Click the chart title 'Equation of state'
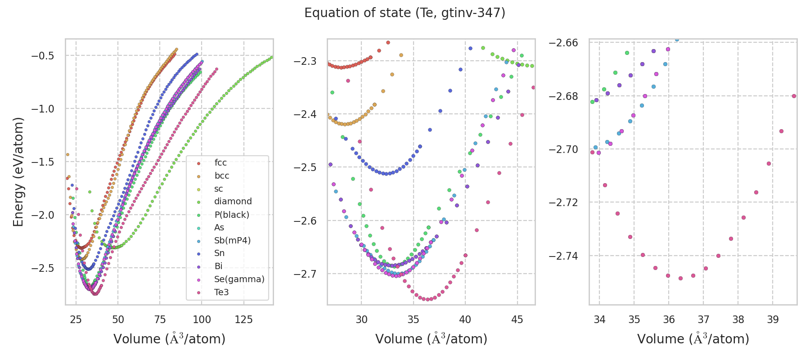405,13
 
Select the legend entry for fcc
220,163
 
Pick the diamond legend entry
233,202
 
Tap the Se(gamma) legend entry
239,279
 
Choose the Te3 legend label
221,292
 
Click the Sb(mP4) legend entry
232,240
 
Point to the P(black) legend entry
231,215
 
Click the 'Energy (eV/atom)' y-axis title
18,172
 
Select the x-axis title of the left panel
169,339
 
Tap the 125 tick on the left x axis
244,319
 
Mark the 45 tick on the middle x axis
517,319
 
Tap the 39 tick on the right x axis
773,319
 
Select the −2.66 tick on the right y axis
563,43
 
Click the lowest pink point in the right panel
680,278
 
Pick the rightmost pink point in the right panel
794,96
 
